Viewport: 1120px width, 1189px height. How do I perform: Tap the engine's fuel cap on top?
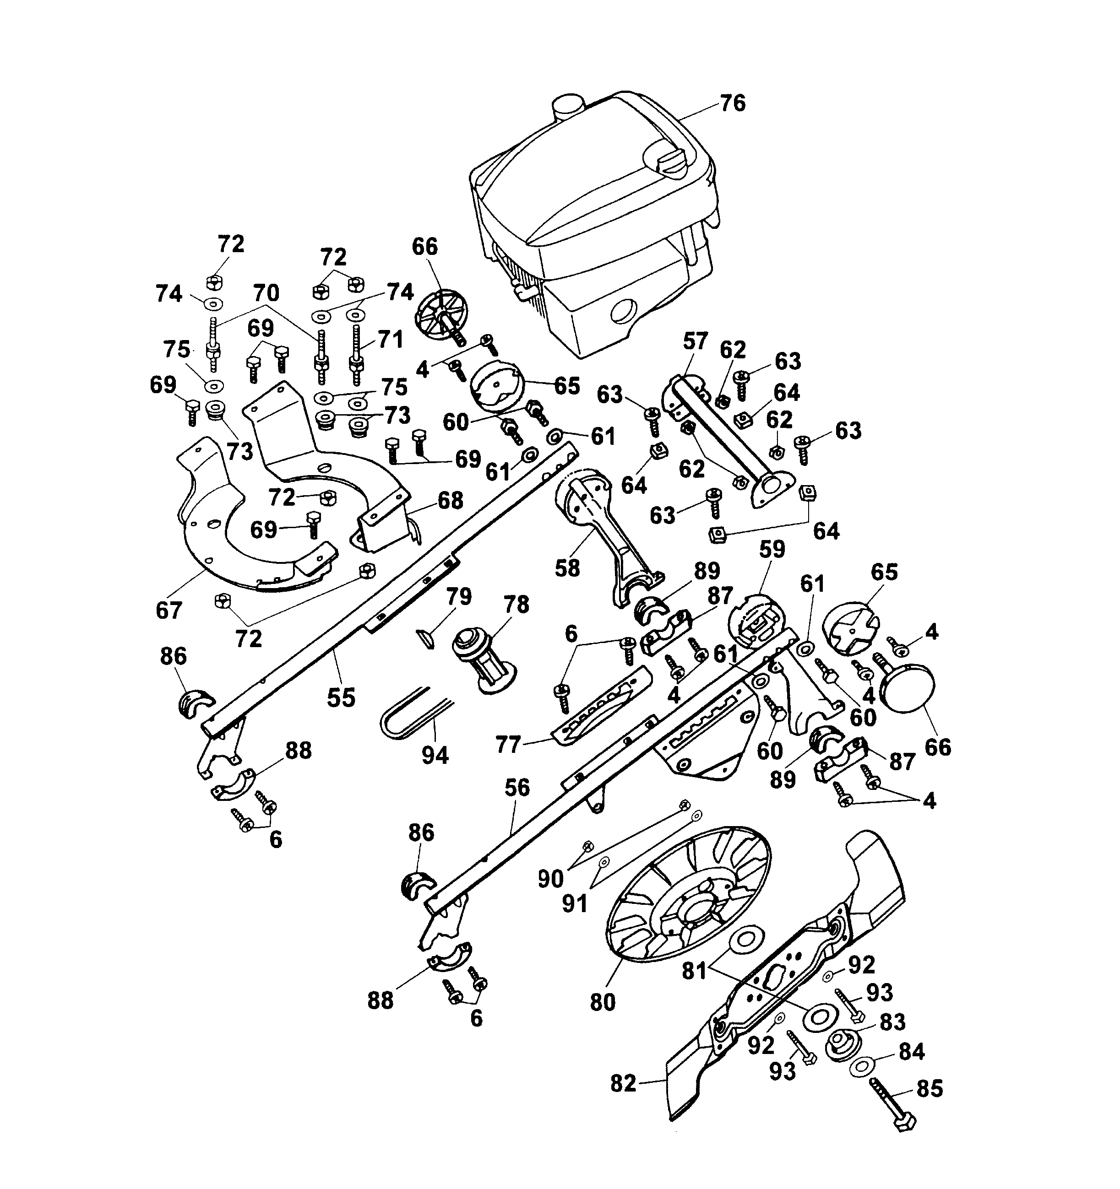click(x=567, y=108)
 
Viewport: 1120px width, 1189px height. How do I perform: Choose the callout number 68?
click(x=450, y=500)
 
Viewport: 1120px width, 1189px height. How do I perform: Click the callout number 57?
click(x=695, y=342)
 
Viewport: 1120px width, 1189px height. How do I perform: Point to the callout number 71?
click(x=390, y=340)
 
